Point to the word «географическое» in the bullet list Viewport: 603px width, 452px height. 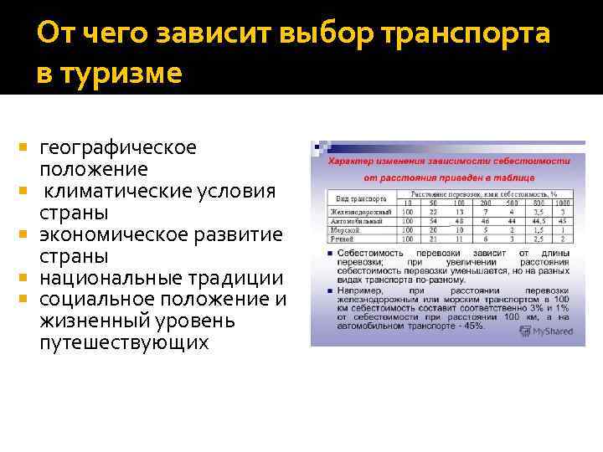tap(118, 148)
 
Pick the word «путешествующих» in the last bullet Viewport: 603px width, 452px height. tap(122, 343)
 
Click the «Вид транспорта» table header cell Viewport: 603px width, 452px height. tap(360, 199)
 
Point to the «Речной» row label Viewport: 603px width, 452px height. tap(344, 239)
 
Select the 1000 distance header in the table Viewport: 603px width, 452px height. tap(563, 203)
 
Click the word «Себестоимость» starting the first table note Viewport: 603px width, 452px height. tap(364, 252)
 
